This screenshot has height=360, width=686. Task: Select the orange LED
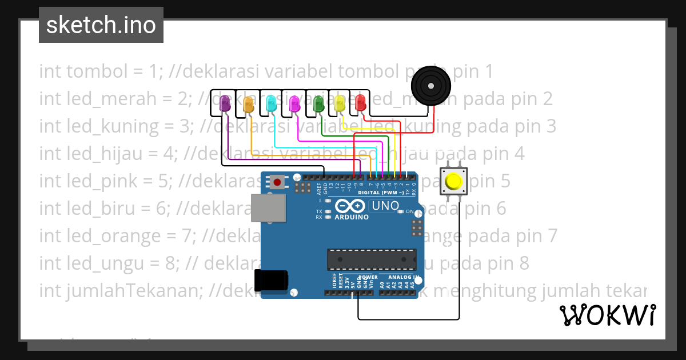(248, 103)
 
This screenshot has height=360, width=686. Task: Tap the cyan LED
(272, 103)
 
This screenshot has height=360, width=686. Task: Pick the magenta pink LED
(294, 103)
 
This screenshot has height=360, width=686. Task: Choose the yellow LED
(340, 103)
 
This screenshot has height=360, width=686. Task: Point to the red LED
(360, 102)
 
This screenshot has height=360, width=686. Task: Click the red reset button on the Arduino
(277, 182)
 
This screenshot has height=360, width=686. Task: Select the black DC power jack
(272, 281)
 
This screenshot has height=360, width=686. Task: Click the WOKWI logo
(607, 315)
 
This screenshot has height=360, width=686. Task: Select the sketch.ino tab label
(101, 25)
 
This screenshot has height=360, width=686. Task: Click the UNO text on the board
(385, 206)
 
